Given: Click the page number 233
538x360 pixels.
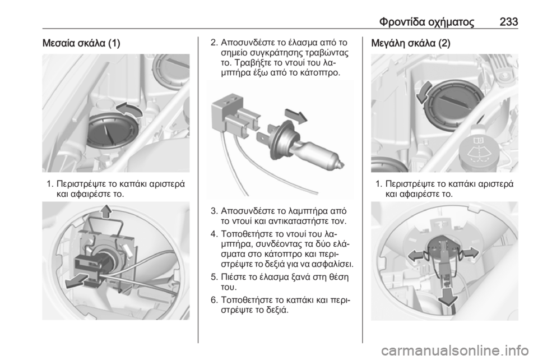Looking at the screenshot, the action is [x=509, y=22].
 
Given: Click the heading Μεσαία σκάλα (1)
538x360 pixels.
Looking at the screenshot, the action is [x=81, y=44].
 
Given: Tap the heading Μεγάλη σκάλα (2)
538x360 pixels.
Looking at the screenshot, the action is [x=411, y=44].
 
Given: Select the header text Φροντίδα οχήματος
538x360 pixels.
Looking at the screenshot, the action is [x=427, y=22].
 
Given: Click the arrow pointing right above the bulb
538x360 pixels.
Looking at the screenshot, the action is [x=296, y=116].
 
